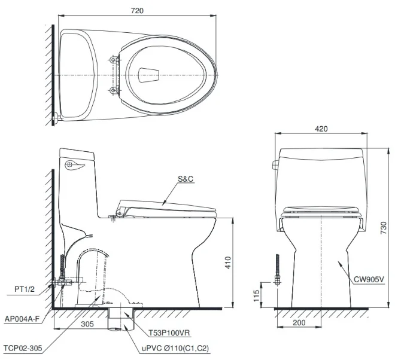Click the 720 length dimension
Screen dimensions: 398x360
click(x=137, y=11)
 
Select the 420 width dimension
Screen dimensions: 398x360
click(x=321, y=129)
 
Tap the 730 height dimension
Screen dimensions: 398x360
click(x=384, y=228)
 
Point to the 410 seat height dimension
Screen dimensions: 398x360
click(x=228, y=263)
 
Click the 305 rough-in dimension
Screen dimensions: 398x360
click(x=87, y=324)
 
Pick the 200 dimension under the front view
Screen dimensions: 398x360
click(x=299, y=323)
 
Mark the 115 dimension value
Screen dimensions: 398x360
click(x=256, y=295)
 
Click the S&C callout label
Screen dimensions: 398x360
click(x=186, y=179)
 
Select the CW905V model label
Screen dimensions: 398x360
click(x=369, y=279)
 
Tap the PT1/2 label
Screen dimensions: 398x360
click(x=25, y=289)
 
